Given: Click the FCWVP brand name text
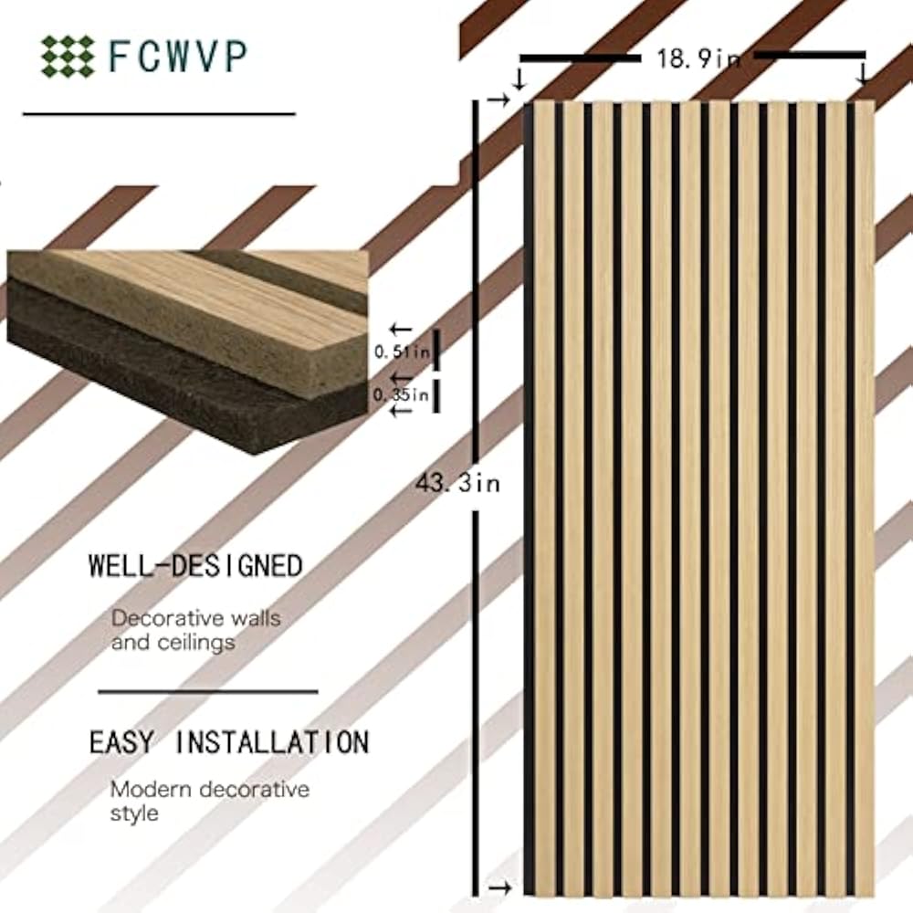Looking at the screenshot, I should (x=177, y=56).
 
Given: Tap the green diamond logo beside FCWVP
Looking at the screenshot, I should (x=67, y=56).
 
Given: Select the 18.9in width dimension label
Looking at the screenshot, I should (x=698, y=59).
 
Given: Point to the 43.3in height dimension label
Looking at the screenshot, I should (x=457, y=483).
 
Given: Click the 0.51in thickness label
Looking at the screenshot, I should (x=401, y=350).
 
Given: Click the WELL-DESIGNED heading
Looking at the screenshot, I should (x=195, y=565).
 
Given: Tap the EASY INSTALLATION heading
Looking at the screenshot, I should (x=228, y=741).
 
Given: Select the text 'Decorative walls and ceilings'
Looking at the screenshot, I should (x=195, y=630).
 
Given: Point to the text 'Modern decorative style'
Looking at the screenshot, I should (x=209, y=800).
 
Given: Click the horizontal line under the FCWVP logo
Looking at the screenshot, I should (x=159, y=114).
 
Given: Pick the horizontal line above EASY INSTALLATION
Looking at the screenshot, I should (x=207, y=692).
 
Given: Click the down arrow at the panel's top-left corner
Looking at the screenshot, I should (x=519, y=80).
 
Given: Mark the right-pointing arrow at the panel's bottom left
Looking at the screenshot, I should (x=498, y=887).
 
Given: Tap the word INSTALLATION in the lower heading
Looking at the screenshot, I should (x=271, y=741).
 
